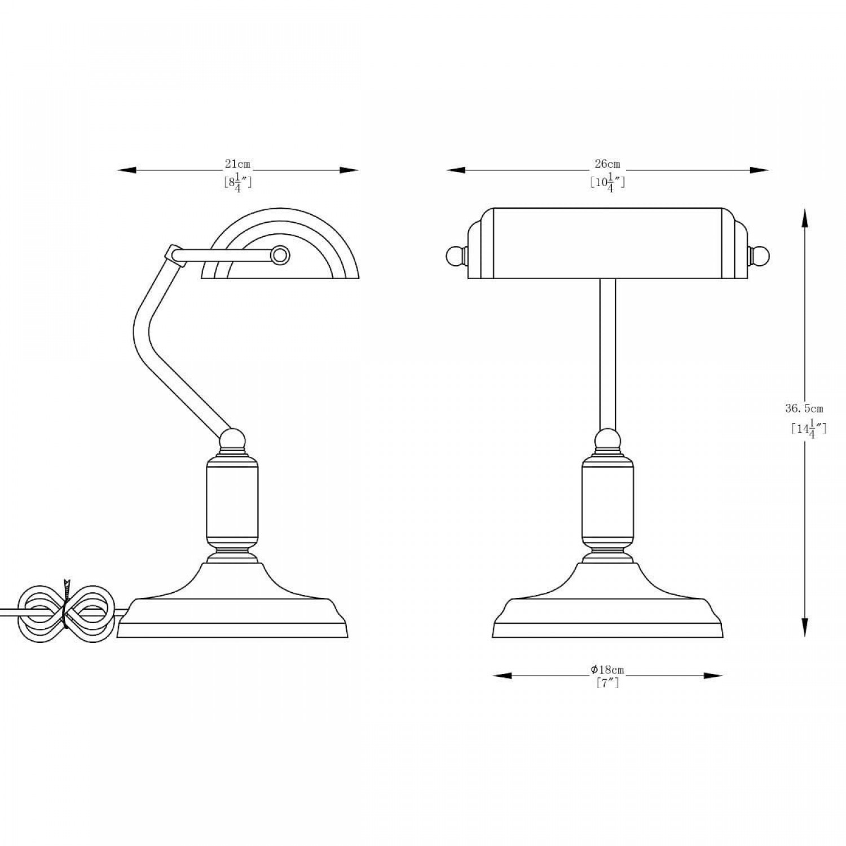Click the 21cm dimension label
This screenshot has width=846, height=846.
pos(237,165)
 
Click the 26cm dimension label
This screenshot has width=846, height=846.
pos(607,164)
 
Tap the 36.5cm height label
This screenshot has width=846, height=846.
pos(804,408)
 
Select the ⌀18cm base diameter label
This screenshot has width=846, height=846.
pos(607,670)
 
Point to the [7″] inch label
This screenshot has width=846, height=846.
pos(607,684)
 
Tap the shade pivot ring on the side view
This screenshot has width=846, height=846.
pos(279,255)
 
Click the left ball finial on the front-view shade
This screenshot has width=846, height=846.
pos(455,257)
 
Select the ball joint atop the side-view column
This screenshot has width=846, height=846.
pos(233,439)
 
